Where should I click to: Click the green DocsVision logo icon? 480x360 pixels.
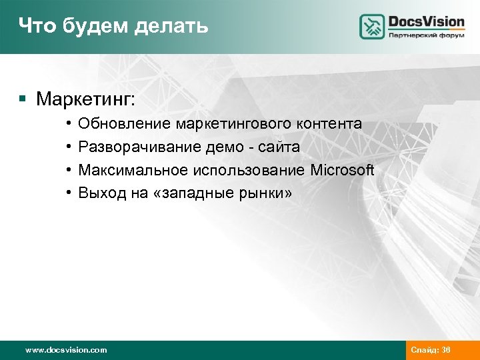click(x=372, y=27)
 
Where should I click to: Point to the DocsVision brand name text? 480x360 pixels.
click(x=426, y=21)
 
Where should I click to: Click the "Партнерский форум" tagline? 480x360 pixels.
click(x=426, y=35)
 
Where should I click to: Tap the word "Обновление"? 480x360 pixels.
click(x=125, y=124)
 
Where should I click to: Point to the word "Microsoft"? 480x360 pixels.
click(x=342, y=171)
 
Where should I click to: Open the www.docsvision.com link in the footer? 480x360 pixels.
click(x=65, y=349)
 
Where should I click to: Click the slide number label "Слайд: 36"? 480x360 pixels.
click(x=431, y=349)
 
